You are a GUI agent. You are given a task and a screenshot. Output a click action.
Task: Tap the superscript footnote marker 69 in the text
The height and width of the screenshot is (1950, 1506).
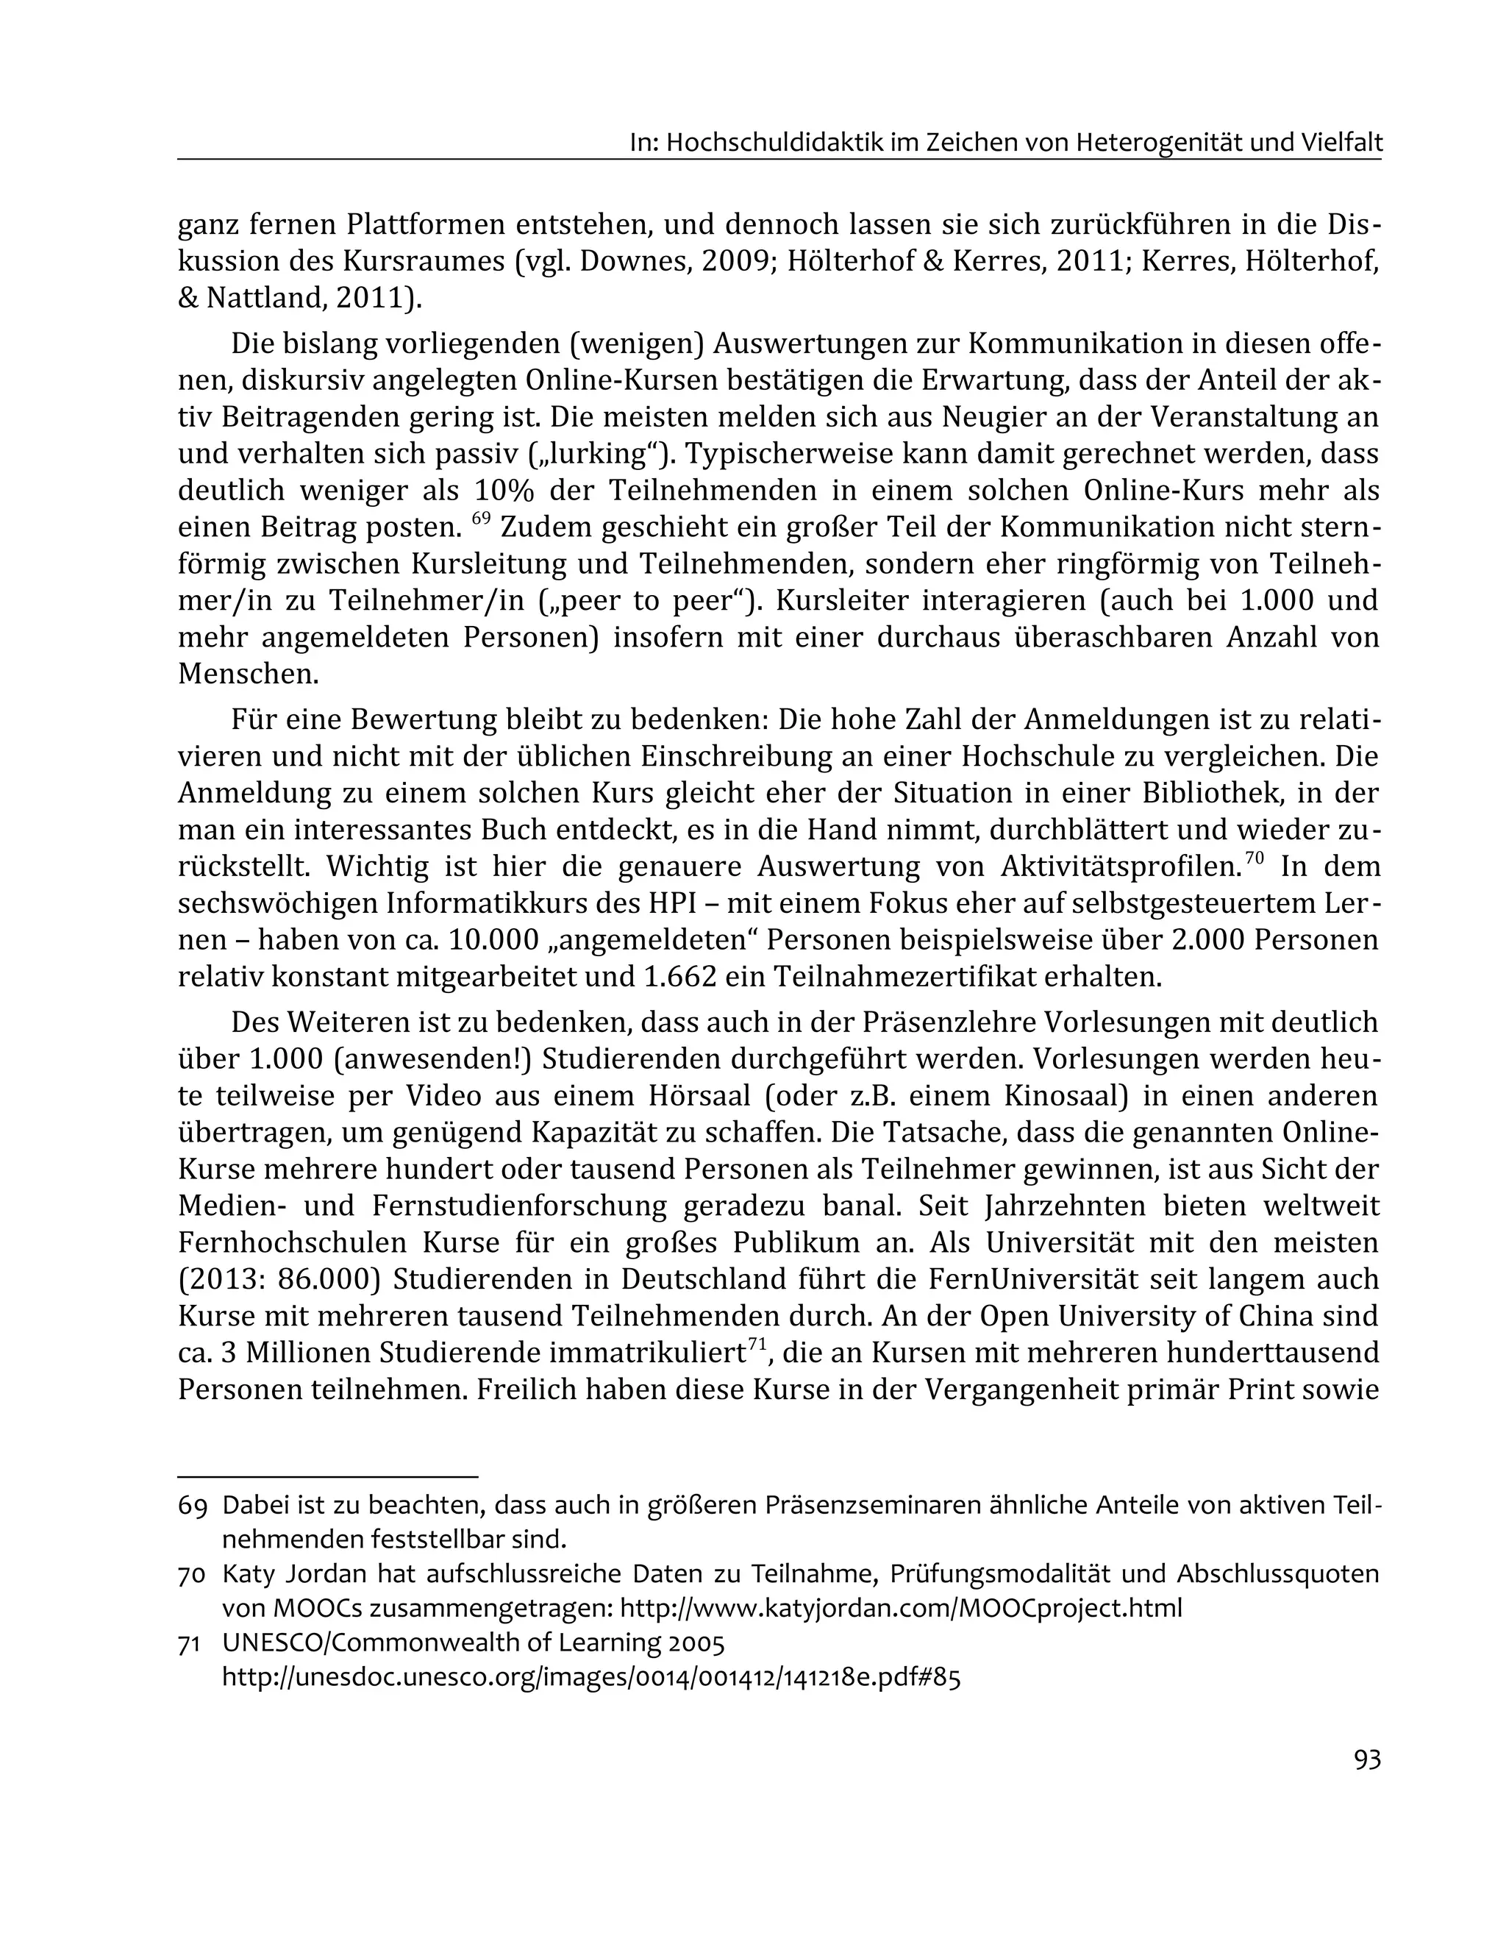click(x=481, y=518)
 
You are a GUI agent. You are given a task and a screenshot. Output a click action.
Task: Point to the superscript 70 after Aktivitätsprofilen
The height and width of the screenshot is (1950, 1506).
click(x=1255, y=858)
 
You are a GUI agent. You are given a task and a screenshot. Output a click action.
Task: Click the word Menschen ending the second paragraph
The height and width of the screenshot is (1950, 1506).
click(x=247, y=674)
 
